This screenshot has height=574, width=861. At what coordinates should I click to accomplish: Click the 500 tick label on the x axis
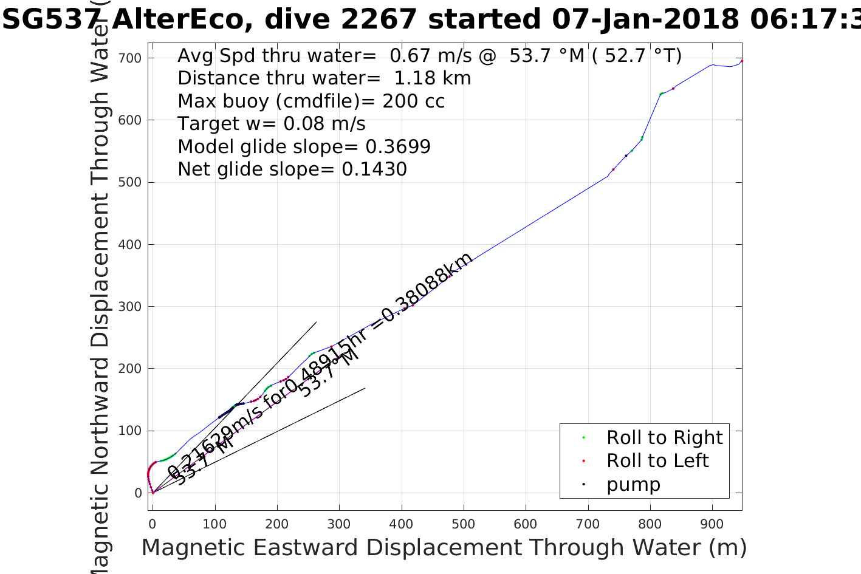pyautogui.click(x=464, y=524)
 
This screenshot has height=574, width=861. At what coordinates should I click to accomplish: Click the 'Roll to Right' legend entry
pyautogui.click(x=664, y=437)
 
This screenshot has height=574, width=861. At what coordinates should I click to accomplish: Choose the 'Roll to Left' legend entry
pyautogui.click(x=657, y=461)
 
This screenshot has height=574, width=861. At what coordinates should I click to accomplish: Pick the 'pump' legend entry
pyautogui.click(x=633, y=485)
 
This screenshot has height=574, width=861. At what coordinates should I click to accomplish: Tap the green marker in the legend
pyautogui.click(x=583, y=437)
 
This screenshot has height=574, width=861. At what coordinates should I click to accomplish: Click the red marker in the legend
pyautogui.click(x=583, y=461)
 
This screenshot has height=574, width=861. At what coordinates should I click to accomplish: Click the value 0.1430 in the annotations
pyautogui.click(x=374, y=169)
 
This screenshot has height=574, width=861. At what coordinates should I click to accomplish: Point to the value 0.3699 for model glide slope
pyautogui.click(x=398, y=147)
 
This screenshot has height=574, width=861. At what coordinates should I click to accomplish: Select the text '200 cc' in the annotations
pyautogui.click(x=413, y=101)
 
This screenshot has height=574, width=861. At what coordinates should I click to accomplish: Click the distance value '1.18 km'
pyautogui.click(x=432, y=78)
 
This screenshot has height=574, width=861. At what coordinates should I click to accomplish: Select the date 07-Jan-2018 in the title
pyautogui.click(x=646, y=19)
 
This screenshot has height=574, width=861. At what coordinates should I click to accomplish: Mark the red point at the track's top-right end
pyautogui.click(x=742, y=61)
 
